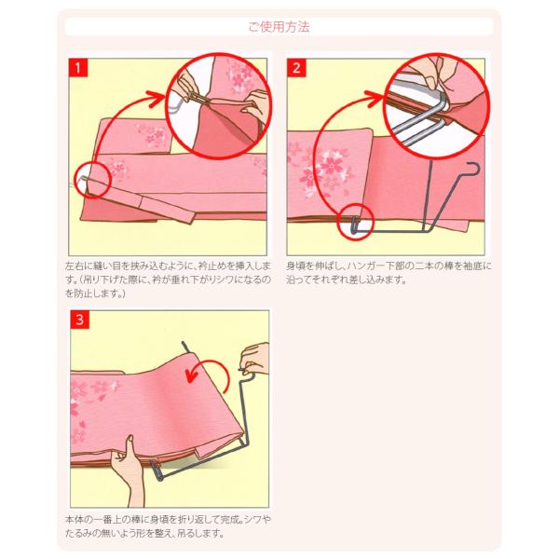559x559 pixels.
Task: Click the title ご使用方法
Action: (279, 27)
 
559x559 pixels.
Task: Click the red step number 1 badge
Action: (78, 67)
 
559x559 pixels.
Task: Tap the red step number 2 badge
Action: (296, 67)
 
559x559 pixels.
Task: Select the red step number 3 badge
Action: (79, 319)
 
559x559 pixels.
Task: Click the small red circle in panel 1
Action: (93, 180)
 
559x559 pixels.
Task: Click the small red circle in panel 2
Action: (356, 221)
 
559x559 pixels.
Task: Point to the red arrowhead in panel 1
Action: (159, 99)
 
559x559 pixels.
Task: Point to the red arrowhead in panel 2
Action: (376, 98)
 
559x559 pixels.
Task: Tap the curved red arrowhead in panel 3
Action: (193, 375)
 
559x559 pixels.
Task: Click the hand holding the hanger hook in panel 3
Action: (255, 359)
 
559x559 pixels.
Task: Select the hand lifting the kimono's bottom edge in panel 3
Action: (127, 470)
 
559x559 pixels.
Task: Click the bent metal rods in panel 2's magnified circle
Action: (421, 121)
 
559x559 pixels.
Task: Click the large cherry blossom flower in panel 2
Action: (331, 165)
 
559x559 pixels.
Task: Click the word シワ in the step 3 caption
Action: (255, 520)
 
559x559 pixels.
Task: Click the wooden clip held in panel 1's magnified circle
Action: (198, 98)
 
